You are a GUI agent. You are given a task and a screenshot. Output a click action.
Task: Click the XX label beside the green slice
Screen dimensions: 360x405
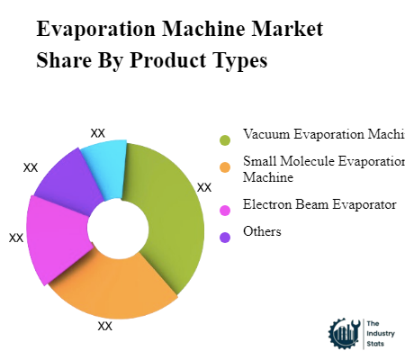point(204,188)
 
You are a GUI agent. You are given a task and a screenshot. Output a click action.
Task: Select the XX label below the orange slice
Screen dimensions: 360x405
point(105,326)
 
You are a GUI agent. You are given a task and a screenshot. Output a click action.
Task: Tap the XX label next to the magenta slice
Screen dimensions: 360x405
point(16,238)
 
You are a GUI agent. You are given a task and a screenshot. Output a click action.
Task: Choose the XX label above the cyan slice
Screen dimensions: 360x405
point(98,133)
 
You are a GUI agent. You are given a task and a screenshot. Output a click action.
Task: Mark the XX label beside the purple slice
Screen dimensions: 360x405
point(31,167)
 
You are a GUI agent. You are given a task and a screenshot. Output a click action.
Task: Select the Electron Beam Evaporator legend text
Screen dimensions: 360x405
point(319,205)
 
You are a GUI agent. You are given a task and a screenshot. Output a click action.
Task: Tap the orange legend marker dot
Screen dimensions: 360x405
point(224,166)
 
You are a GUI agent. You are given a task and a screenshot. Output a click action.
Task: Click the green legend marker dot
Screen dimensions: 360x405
point(224,139)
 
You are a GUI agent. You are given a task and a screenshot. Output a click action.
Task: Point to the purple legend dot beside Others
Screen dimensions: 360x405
point(224,236)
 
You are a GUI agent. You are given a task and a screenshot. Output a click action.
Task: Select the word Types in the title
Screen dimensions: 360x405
point(238,61)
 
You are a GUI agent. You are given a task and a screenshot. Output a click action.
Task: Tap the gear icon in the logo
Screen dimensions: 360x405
point(345,334)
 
